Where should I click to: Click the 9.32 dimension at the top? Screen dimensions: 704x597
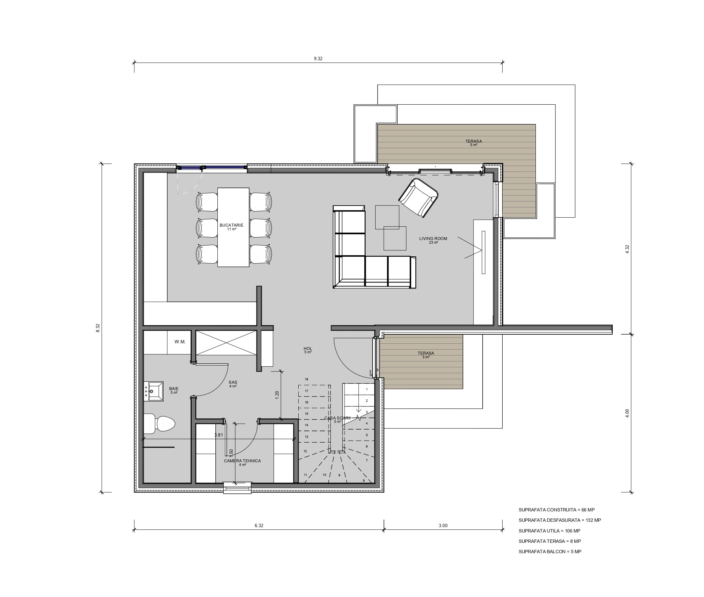(318, 58)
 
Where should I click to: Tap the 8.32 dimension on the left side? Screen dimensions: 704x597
(98, 328)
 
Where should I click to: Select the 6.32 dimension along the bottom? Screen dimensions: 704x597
(259, 525)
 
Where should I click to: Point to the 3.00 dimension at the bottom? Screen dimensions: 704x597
(443, 525)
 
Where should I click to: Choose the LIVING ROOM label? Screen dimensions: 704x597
(433, 239)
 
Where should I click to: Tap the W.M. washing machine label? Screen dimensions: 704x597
(180, 342)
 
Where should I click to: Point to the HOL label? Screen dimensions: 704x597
(308, 349)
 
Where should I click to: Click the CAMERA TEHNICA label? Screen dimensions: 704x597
(242, 461)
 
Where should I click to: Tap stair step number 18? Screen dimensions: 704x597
(306, 379)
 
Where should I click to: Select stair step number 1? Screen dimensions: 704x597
(367, 389)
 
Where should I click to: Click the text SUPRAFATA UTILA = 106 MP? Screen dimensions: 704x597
(549, 531)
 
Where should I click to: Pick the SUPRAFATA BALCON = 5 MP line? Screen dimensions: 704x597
(550, 552)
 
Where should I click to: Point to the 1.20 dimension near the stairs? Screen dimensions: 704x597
(277, 395)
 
